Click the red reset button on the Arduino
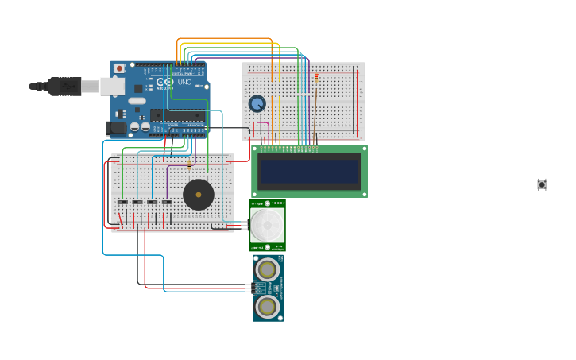119,68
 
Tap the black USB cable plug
64,86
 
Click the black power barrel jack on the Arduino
117,127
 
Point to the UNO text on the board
184,82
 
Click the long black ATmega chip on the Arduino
178,115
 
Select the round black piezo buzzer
199,195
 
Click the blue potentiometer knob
257,103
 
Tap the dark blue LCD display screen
310,171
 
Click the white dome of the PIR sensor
267,225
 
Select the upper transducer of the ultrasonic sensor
268,269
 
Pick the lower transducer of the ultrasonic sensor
268,306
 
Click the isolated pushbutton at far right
542,184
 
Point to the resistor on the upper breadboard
316,77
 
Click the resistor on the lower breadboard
189,165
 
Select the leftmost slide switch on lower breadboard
122,202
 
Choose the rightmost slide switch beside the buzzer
167,202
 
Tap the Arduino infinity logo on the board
164,82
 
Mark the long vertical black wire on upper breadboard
354,99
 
